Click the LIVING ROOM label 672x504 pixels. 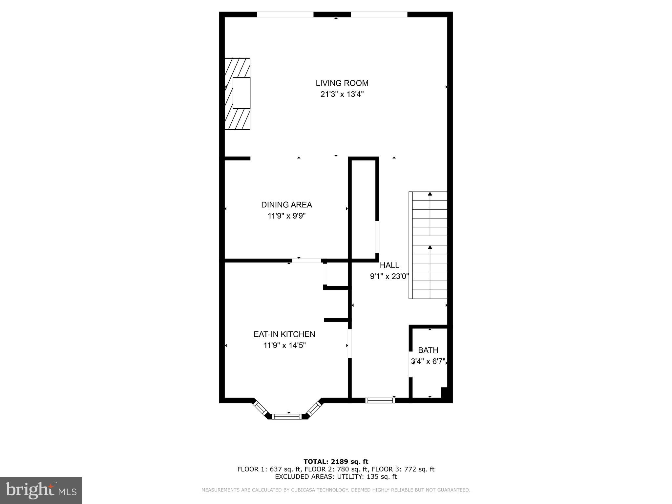point(342,83)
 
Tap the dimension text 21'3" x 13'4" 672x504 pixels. point(342,94)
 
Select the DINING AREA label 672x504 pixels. point(286,205)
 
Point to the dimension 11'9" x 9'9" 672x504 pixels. point(286,216)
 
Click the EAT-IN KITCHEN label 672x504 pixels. point(284,334)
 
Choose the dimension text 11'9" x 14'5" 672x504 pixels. point(284,346)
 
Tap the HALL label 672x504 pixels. point(389,265)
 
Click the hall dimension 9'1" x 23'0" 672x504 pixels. point(389,277)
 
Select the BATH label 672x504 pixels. point(428,350)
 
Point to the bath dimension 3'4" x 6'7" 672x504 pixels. point(428,362)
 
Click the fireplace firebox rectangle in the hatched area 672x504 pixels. point(241,93)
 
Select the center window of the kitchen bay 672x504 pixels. point(287,416)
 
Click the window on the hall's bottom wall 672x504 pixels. point(380,400)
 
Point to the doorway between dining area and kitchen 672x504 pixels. point(307,261)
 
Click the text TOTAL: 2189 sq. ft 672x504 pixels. point(336,462)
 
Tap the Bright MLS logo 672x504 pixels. point(41,490)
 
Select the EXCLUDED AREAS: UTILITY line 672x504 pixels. point(336,476)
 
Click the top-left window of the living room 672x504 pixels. point(285,14)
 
